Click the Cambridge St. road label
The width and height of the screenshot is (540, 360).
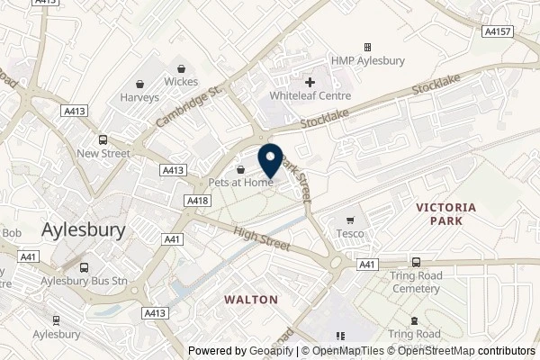coord(188,106)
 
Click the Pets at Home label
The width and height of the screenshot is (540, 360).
coord(240,183)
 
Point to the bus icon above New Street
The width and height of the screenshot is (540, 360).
coord(103,139)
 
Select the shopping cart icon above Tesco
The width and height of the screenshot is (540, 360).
coord(353,220)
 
